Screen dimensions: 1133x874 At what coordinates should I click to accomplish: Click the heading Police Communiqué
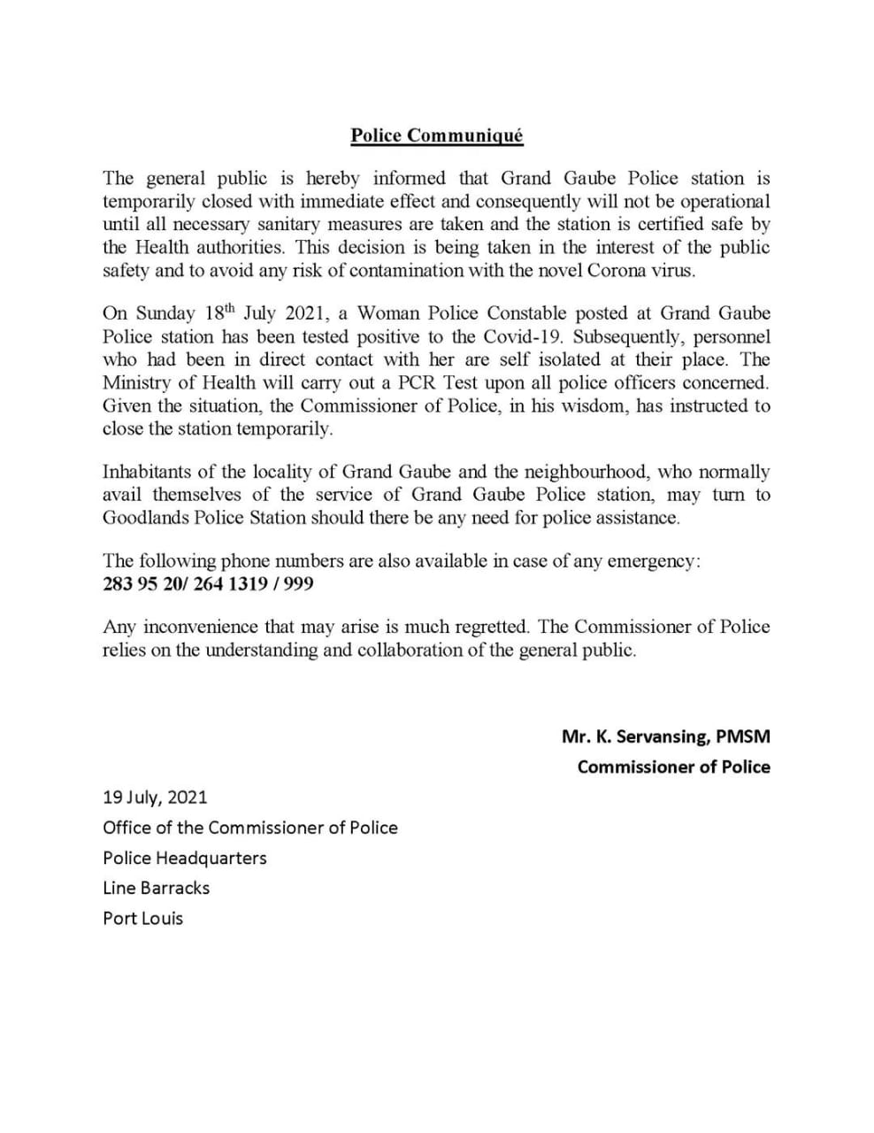[437, 135]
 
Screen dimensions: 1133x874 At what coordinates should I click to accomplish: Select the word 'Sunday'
[166, 314]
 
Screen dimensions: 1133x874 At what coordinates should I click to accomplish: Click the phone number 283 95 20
[140, 584]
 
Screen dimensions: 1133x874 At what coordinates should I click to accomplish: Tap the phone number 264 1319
[230, 584]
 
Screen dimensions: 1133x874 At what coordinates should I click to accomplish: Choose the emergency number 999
[298, 584]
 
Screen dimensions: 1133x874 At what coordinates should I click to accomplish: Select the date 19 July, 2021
[155, 797]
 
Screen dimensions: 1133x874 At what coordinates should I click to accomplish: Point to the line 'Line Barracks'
[156, 888]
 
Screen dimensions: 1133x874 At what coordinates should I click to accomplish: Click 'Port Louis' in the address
[142, 918]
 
